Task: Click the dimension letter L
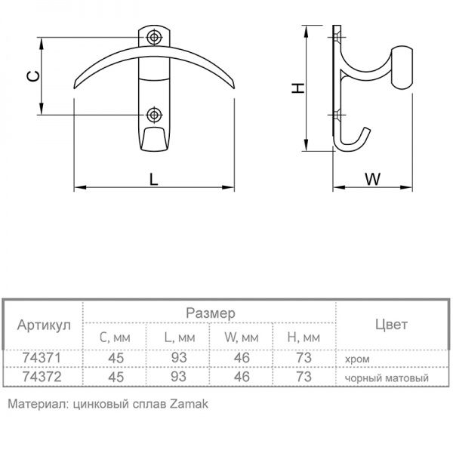point(153,179)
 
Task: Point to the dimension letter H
point(298,88)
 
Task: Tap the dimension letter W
point(372,179)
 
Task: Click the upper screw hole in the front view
point(155,37)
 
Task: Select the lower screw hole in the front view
point(155,114)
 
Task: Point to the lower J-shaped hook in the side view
point(351,139)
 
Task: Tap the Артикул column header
point(44,325)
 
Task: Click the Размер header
point(209,312)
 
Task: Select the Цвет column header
point(390,325)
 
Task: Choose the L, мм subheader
point(177,337)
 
